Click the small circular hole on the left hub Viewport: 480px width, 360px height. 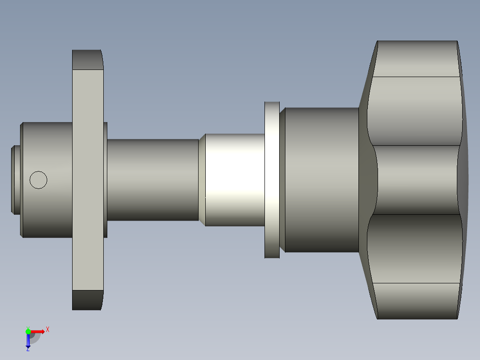[x=38, y=180]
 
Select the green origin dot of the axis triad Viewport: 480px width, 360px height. [x=28, y=331]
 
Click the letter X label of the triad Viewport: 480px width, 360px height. [x=47, y=329]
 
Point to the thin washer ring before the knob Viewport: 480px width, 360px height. [x=272, y=180]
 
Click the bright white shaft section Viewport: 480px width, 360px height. [x=235, y=180]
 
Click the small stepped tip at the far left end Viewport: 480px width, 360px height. [x=16, y=180]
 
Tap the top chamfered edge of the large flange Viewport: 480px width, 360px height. [x=87, y=60]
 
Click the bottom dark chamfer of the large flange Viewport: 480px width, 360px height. [x=87, y=300]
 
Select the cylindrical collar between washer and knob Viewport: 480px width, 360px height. [x=321, y=180]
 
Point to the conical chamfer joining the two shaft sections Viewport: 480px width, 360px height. [x=202, y=180]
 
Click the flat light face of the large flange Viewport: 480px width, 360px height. [x=88, y=180]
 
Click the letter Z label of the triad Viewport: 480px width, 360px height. [x=28, y=349]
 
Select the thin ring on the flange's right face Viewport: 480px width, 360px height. [x=106, y=180]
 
